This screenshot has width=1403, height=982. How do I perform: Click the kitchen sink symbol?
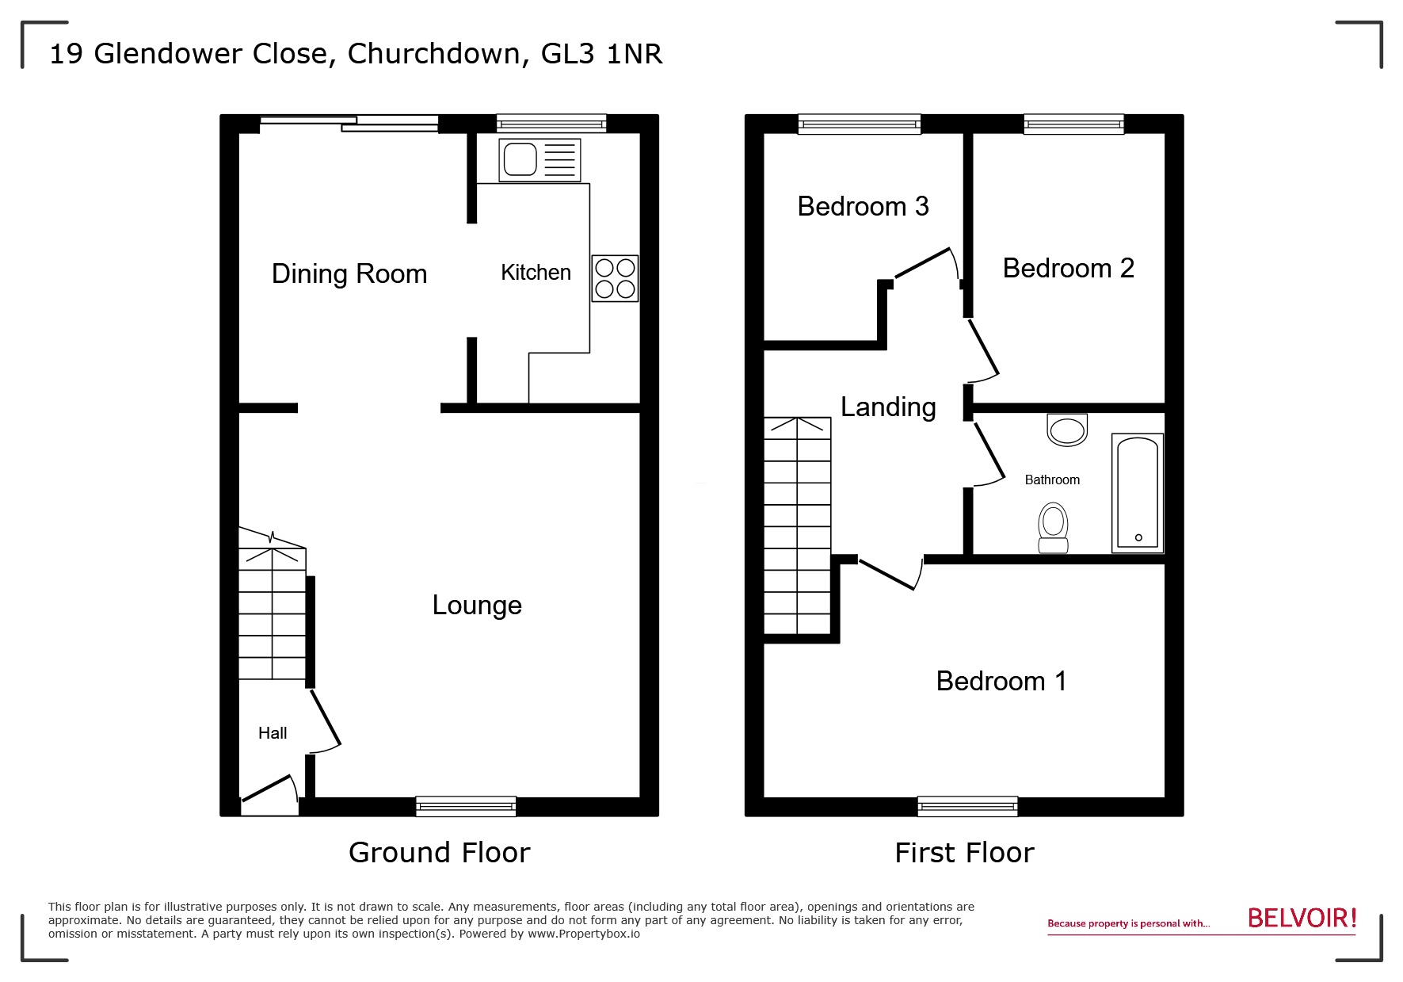click(539, 159)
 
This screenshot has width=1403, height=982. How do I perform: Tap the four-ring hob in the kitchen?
click(615, 278)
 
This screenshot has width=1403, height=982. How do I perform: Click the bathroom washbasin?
click(1067, 430)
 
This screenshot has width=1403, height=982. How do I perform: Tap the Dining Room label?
click(349, 274)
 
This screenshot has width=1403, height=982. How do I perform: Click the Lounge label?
click(477, 606)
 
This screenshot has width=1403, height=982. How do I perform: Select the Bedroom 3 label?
click(863, 207)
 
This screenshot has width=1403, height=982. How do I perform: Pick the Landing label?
click(888, 407)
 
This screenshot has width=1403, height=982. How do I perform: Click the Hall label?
click(273, 733)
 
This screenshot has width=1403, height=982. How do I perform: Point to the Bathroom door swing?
click(989, 455)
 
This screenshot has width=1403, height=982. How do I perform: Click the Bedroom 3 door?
click(923, 263)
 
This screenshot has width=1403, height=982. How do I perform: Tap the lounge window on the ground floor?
click(466, 806)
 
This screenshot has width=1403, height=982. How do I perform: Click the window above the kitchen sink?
click(551, 124)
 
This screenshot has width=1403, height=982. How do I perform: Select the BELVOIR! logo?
click(1302, 919)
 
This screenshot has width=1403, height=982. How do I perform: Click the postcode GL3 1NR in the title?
click(602, 54)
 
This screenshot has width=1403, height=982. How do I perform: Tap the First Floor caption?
click(964, 854)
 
